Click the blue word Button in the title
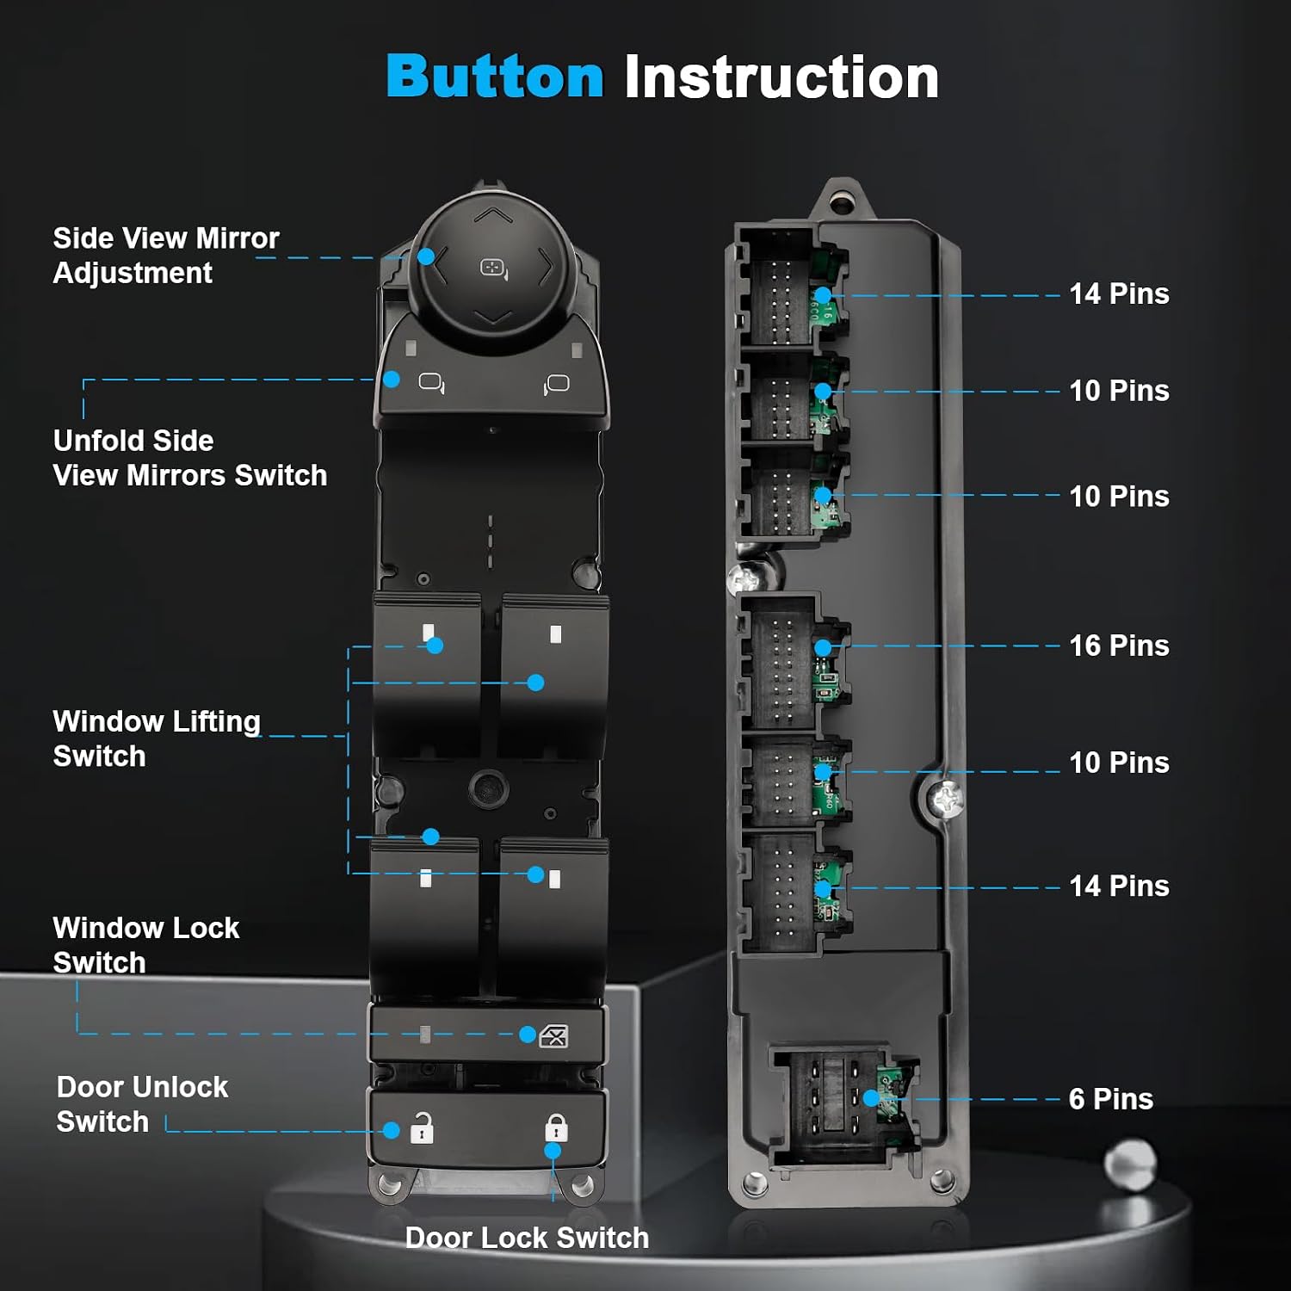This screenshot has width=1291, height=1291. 495,77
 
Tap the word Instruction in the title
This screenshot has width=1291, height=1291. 781,77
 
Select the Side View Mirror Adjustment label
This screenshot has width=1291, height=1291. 166,255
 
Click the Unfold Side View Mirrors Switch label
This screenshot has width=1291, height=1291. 189,457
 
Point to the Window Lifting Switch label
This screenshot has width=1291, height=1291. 156,738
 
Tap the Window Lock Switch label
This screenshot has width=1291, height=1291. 145,944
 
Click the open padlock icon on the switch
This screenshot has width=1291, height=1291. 422,1127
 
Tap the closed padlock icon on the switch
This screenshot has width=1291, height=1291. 556,1127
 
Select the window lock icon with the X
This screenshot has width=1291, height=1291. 553,1036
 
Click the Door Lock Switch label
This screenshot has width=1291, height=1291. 527,1238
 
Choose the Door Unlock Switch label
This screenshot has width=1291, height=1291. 142,1104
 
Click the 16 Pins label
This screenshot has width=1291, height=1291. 1119,645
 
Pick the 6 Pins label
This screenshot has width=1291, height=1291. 1110,1099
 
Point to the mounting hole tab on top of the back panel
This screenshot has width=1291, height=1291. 841,201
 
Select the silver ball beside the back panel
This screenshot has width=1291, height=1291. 1130,1164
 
